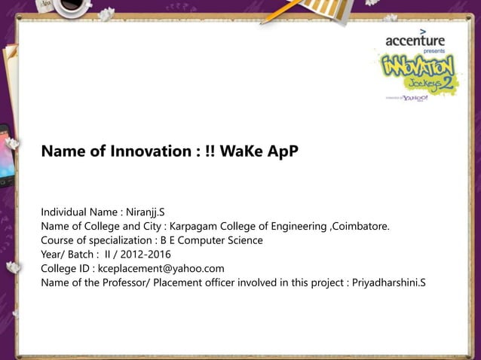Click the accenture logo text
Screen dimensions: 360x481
415,40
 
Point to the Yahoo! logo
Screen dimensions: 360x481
414,98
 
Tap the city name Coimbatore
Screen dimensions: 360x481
360,227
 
